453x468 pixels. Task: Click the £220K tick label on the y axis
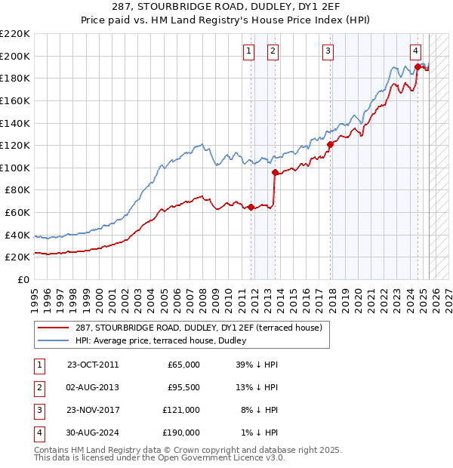(x=15, y=34)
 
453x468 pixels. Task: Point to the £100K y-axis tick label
(x=15, y=168)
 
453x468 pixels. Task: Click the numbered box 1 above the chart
(x=249, y=51)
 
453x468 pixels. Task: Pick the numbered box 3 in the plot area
(x=328, y=51)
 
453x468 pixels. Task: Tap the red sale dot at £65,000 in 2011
(x=251, y=208)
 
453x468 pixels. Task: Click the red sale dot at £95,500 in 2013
(x=274, y=173)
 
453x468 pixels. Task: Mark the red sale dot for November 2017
(x=330, y=144)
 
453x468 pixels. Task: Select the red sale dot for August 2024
(x=418, y=66)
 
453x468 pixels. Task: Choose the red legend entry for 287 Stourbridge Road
(x=199, y=328)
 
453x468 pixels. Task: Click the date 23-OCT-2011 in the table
(x=93, y=365)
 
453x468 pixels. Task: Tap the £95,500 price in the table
(x=183, y=387)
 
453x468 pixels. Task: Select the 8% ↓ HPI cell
(x=257, y=410)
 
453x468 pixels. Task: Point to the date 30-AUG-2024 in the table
(x=93, y=433)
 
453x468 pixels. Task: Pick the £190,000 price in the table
(x=182, y=433)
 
